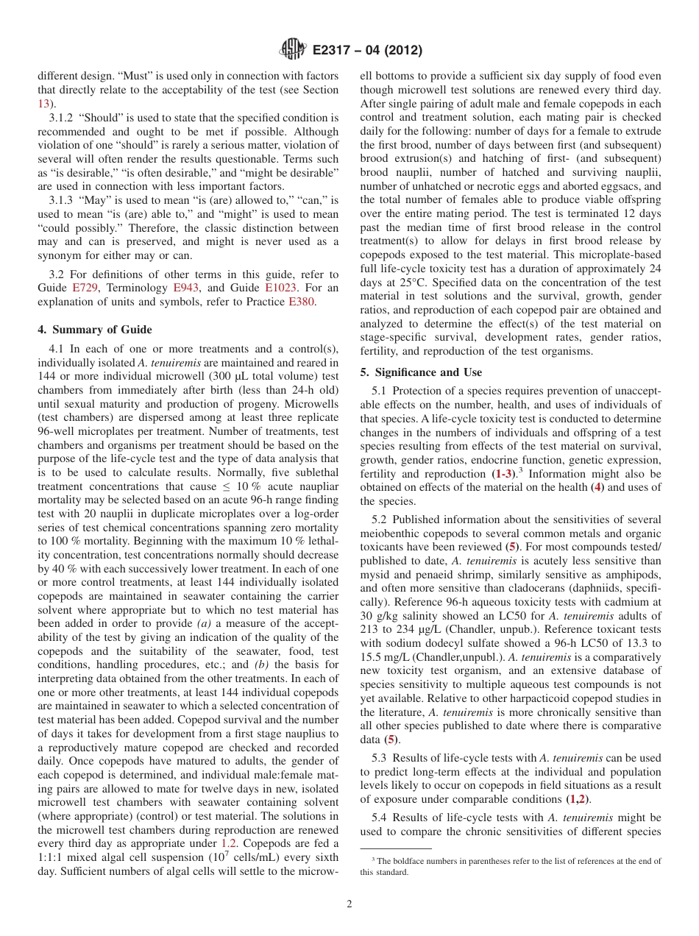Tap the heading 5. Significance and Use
[x=421, y=372]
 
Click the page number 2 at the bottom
[x=349, y=904]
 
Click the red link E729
[x=85, y=288]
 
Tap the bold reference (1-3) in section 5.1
[x=503, y=474]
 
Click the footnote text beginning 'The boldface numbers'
[x=508, y=860]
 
